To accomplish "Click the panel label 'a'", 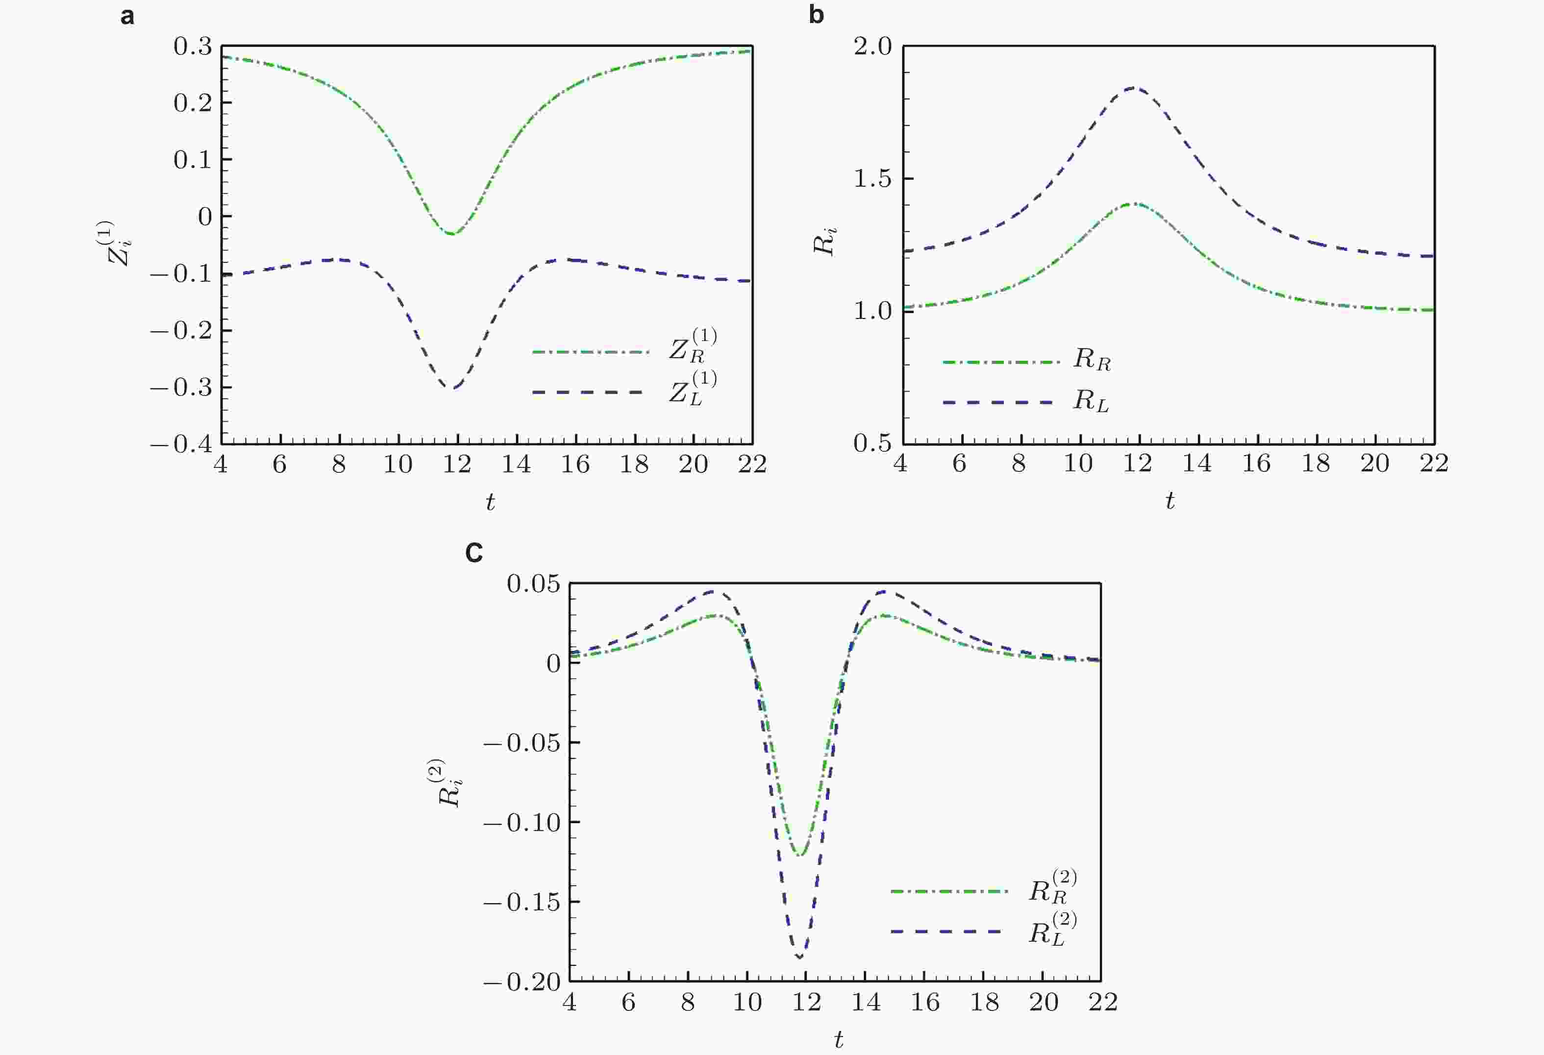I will pyautogui.click(x=127, y=16).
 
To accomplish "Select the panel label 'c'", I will pyautogui.click(x=473, y=553).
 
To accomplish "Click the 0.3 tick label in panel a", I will pyautogui.click(x=193, y=47).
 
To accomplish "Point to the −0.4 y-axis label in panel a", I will pyautogui.click(x=181, y=444).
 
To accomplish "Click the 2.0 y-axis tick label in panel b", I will pyautogui.click(x=872, y=47).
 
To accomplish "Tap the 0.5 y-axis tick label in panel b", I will pyautogui.click(x=872, y=442).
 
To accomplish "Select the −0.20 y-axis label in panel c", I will pyautogui.click(x=522, y=982).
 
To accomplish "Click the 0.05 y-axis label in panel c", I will pyautogui.click(x=533, y=584).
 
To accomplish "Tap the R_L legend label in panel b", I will pyautogui.click(x=1091, y=401).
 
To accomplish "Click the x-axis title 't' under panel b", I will pyautogui.click(x=1170, y=500).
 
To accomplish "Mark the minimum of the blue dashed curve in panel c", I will pyautogui.click(x=799, y=957).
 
